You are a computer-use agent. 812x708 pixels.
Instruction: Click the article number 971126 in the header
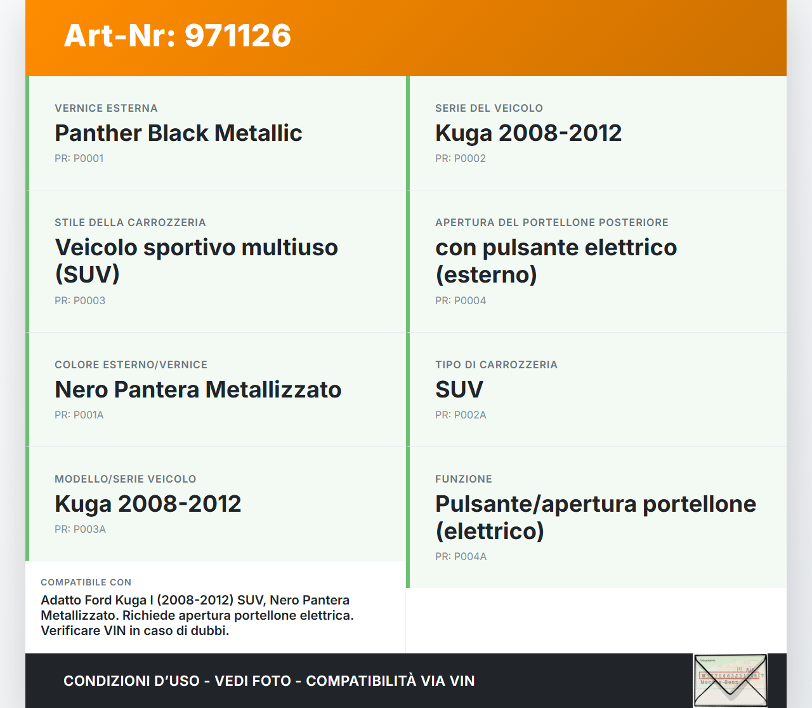tap(238, 36)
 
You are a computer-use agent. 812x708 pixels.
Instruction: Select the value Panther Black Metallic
tap(179, 133)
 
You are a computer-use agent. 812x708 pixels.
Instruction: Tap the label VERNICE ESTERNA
tap(106, 109)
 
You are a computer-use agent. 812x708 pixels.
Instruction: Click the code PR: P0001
tap(79, 159)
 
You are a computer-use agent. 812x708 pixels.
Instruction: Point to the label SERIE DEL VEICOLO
tap(489, 109)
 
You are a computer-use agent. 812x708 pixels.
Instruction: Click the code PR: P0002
tap(461, 159)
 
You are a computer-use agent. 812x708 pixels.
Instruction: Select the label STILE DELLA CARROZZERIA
tap(130, 223)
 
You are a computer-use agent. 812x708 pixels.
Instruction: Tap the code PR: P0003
tap(80, 300)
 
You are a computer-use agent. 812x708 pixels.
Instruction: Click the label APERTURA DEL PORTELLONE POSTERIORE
tap(552, 223)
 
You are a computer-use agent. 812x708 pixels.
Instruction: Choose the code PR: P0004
tap(461, 300)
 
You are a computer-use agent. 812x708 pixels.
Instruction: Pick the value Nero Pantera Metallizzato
tap(198, 389)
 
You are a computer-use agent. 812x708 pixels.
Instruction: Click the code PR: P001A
tap(79, 415)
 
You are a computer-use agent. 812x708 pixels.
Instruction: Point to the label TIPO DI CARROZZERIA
tap(496, 365)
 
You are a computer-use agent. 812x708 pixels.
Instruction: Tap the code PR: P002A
tap(461, 415)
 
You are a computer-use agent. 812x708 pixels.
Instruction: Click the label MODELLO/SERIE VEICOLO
tap(126, 479)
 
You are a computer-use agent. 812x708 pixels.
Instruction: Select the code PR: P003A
tap(80, 530)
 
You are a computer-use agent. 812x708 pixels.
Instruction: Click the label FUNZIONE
tap(464, 479)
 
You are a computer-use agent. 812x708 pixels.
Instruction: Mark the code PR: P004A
tap(461, 556)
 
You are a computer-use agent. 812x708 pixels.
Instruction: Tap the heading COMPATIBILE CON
tap(86, 582)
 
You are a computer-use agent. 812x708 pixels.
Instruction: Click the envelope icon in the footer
tap(730, 681)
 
